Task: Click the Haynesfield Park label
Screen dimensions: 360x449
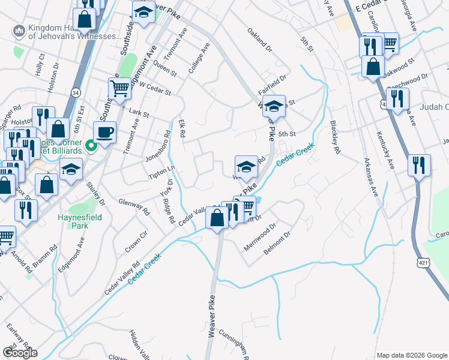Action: (x=73, y=221)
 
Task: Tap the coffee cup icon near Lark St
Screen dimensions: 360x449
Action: (x=104, y=132)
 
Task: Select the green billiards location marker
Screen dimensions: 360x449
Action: (x=91, y=145)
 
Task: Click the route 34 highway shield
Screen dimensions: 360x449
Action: (x=75, y=93)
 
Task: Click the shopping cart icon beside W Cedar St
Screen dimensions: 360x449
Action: (x=119, y=88)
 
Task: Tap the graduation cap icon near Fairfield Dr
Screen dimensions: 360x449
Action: (x=274, y=107)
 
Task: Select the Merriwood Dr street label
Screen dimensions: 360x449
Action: (x=260, y=238)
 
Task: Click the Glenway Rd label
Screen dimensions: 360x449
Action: (x=134, y=207)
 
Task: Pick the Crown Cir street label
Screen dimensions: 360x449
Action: (x=136, y=242)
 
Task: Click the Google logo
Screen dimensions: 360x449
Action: (x=20, y=353)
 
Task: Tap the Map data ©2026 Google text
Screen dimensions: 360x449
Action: (x=411, y=355)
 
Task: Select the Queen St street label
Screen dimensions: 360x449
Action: (x=164, y=68)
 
